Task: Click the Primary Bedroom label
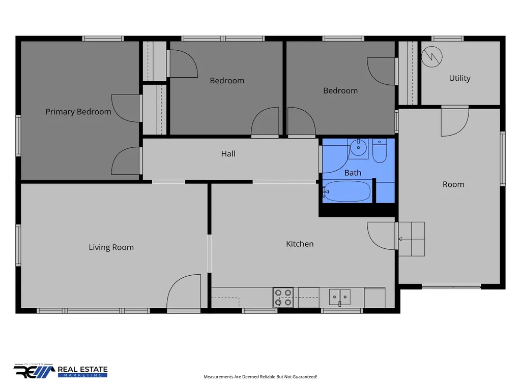(x=78, y=112)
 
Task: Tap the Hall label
(x=228, y=153)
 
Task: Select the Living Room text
(x=111, y=247)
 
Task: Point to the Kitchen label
(x=300, y=244)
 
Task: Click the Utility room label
(x=460, y=78)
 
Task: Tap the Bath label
(x=353, y=173)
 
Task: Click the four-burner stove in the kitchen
(x=283, y=298)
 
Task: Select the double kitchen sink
(x=339, y=297)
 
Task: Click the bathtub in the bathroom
(x=347, y=191)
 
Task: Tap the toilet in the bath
(x=380, y=150)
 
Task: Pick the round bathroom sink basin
(x=358, y=148)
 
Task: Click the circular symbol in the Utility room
(x=431, y=57)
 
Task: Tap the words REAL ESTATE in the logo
(x=83, y=369)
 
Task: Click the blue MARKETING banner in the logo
(x=83, y=375)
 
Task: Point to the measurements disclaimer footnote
(x=260, y=377)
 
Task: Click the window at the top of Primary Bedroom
(x=103, y=39)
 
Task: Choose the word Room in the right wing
(x=453, y=184)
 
